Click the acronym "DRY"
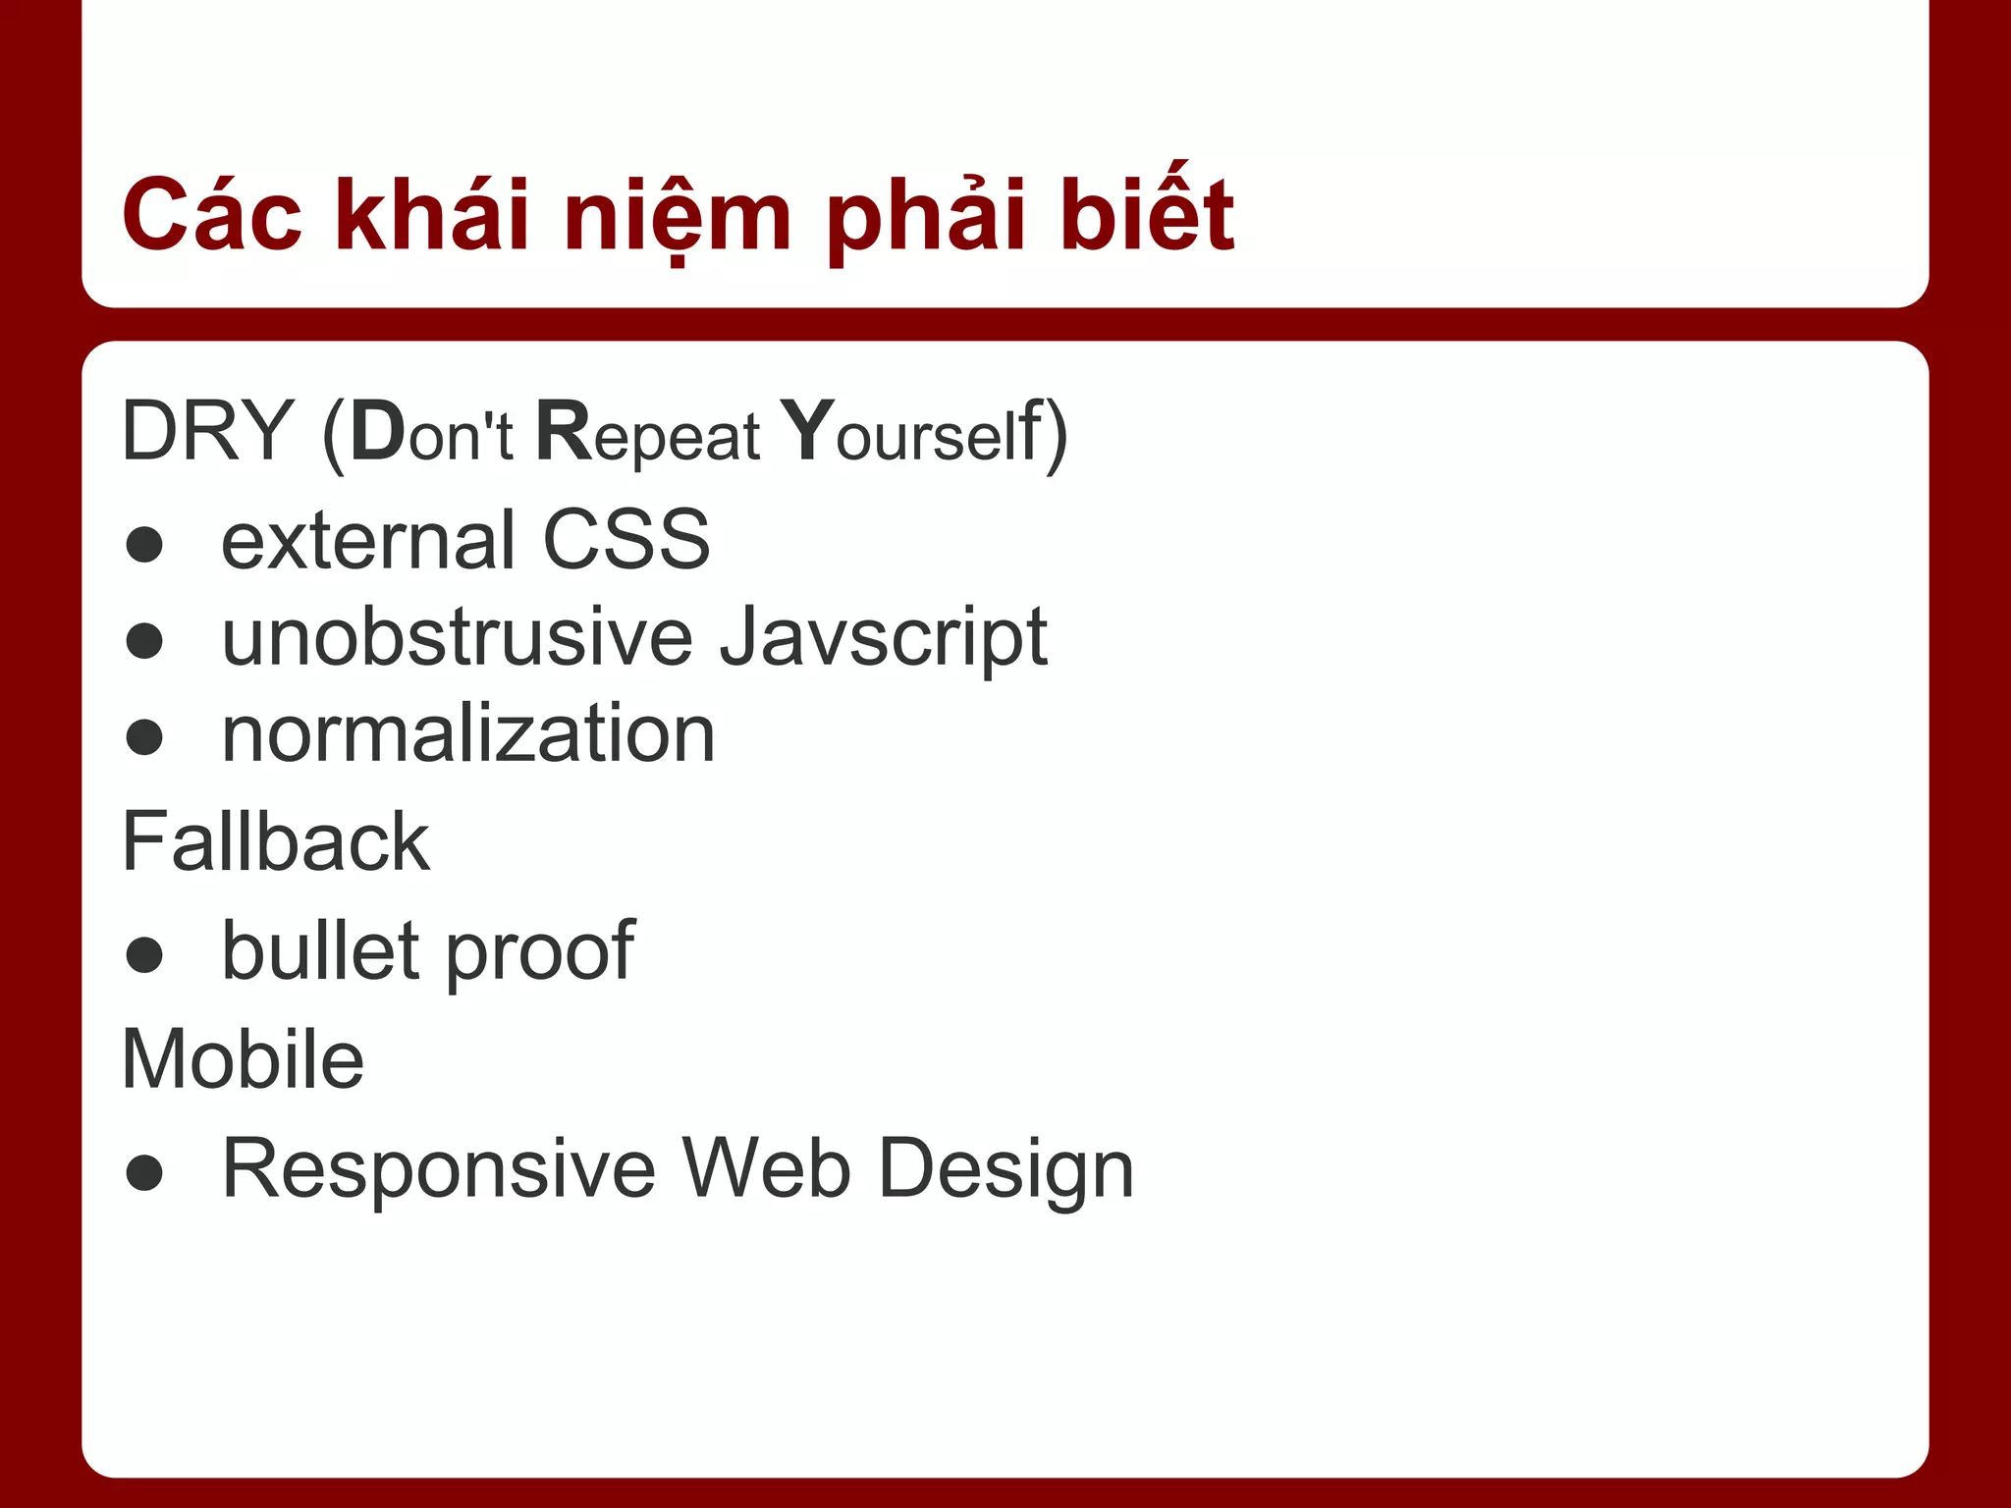pyautogui.click(x=207, y=431)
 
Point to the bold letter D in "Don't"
pyautogui.click(x=377, y=431)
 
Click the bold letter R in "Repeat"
pyautogui.click(x=565, y=431)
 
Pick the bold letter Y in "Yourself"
pyautogui.click(x=807, y=431)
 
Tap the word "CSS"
pyautogui.click(x=625, y=540)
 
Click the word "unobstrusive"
pyautogui.click(x=457, y=638)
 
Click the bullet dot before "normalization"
pyautogui.click(x=144, y=736)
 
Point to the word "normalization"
pyautogui.click(x=468, y=734)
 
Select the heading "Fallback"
pyautogui.click(x=275, y=842)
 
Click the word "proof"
pyautogui.click(x=539, y=952)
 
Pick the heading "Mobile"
pyautogui.click(x=243, y=1059)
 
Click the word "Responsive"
pyautogui.click(x=438, y=1168)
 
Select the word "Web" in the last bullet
pyautogui.click(x=766, y=1168)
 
